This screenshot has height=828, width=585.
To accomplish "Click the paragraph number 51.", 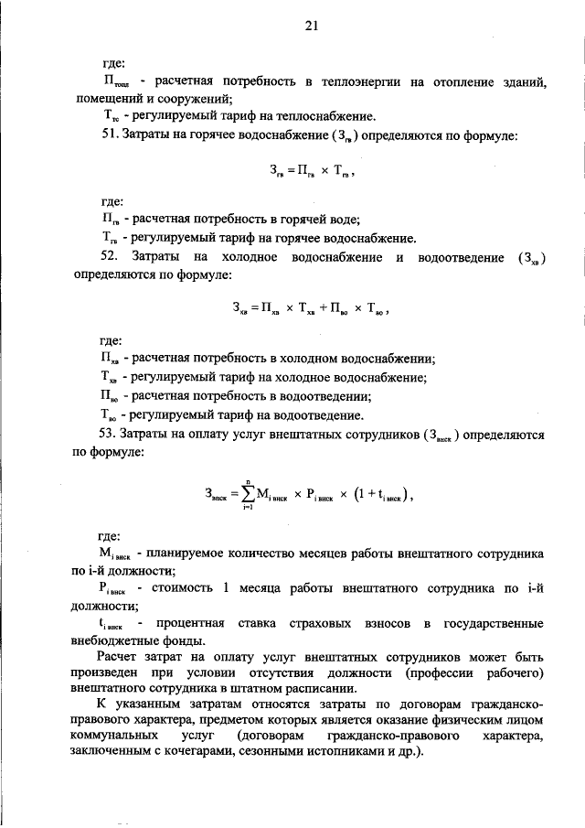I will tap(111, 135).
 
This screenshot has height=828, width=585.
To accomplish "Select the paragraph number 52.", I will tap(111, 257).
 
